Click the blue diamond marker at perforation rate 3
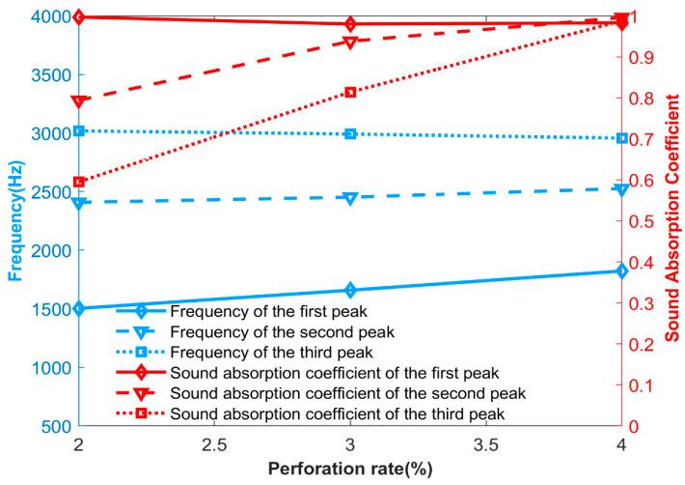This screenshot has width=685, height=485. (350, 290)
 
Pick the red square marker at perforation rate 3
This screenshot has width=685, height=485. (350, 92)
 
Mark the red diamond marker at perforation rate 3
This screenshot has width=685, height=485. (350, 24)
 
